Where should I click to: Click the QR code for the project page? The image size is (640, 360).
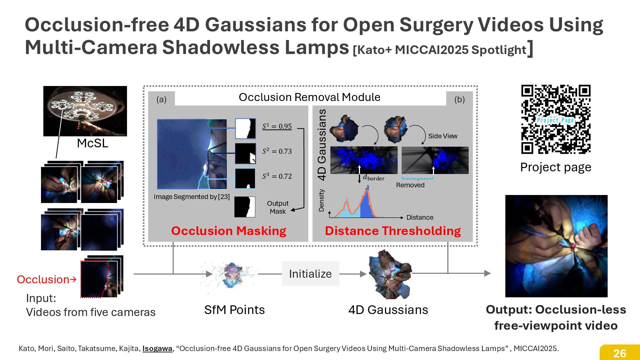(x=556, y=119)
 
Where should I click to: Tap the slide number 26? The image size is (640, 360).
(x=620, y=353)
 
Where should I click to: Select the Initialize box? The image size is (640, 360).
(x=310, y=274)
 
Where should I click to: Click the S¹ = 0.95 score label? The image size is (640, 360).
(x=277, y=126)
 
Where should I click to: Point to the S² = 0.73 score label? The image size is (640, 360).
(x=277, y=151)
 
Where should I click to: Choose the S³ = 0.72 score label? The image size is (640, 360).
(x=277, y=176)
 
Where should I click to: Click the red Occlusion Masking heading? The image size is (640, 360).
(x=229, y=231)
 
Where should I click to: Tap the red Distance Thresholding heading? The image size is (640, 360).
(x=393, y=231)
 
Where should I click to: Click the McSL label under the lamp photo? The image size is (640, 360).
(x=92, y=143)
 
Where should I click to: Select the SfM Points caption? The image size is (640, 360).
(x=234, y=310)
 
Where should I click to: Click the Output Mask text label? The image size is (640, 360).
(x=278, y=207)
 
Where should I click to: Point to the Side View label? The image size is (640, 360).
(x=443, y=136)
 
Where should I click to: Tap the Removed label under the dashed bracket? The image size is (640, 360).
(x=410, y=185)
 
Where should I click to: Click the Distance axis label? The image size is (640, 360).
(x=420, y=217)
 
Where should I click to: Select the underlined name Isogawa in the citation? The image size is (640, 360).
(x=157, y=349)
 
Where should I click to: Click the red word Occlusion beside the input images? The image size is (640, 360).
(x=43, y=279)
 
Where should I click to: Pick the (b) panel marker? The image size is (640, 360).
(x=459, y=99)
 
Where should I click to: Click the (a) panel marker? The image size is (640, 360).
(x=161, y=99)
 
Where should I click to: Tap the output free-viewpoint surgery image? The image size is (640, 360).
(x=556, y=246)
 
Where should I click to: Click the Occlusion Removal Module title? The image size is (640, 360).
(x=309, y=97)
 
